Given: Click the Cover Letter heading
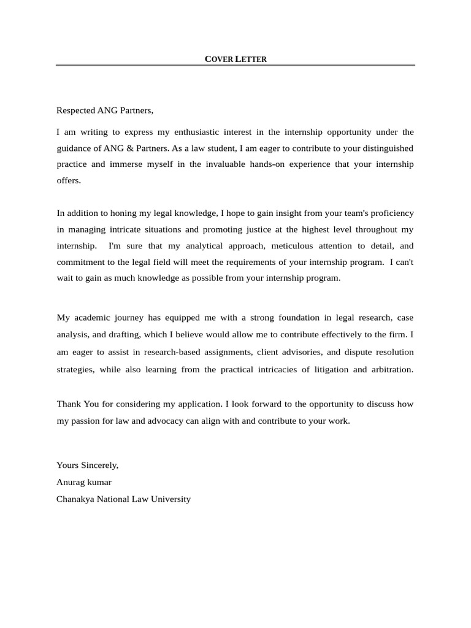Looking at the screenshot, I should coord(235,59).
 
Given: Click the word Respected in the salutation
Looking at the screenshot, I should coord(75,110).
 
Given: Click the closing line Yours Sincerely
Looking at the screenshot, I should coord(87,465).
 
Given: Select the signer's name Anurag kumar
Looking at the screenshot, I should coord(84,482).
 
